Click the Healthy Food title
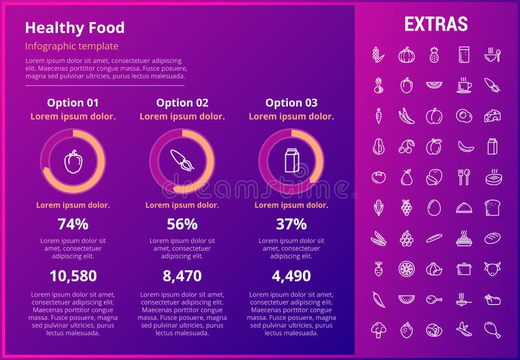(75, 28)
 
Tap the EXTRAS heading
(435, 24)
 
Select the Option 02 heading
(182, 103)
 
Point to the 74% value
(73, 224)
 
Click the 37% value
(291, 224)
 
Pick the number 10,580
(73, 276)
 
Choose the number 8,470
(182, 276)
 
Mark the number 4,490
(291, 276)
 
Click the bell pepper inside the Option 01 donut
(73, 161)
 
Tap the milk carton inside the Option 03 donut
(291, 161)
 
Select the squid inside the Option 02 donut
(182, 161)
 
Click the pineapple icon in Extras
(434, 55)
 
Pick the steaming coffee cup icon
(463, 85)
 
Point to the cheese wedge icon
(492, 116)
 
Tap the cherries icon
(406, 147)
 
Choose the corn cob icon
(378, 207)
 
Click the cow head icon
(492, 268)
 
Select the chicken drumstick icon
(492, 329)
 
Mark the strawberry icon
(406, 329)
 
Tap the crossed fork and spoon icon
(463, 177)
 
